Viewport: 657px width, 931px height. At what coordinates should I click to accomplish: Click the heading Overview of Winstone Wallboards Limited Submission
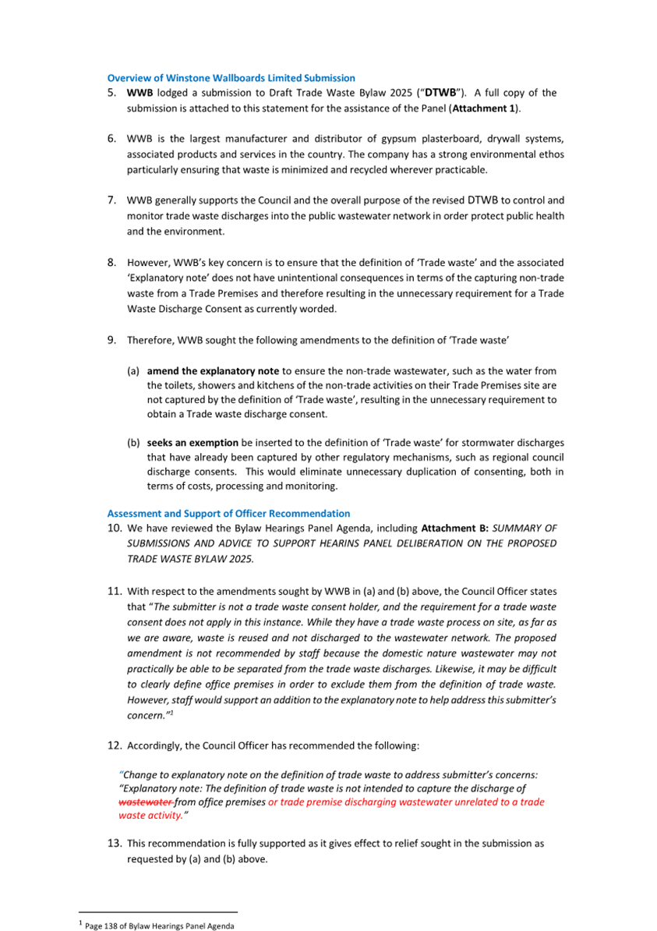tap(231, 78)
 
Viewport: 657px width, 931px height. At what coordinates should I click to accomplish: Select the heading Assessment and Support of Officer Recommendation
tap(228, 513)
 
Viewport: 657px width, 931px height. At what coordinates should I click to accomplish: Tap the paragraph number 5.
tap(112, 93)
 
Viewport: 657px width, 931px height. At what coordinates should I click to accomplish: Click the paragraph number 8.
tap(112, 262)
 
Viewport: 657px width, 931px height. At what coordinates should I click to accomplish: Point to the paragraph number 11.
tap(114, 591)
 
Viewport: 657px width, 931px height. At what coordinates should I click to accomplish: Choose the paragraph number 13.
tap(114, 844)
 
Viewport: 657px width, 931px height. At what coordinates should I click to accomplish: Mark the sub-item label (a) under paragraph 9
tap(133, 371)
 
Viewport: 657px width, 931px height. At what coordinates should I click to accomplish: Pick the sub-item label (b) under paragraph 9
tap(133, 443)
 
